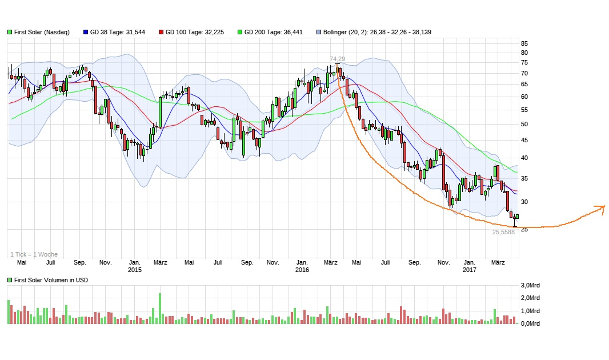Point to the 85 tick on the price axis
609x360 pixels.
pyautogui.click(x=524, y=43)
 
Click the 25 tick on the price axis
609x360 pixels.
pyautogui.click(x=524, y=229)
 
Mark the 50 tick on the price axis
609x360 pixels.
pyautogui.click(x=524, y=124)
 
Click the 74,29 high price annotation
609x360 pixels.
pyautogui.click(x=337, y=59)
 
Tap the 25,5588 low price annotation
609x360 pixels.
pyautogui.click(x=504, y=233)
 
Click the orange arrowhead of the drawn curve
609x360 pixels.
pyautogui.click(x=601, y=208)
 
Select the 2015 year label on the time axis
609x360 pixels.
pyautogui.click(x=134, y=270)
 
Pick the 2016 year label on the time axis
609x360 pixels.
pyautogui.click(x=302, y=270)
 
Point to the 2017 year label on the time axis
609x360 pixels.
pyautogui.click(x=469, y=270)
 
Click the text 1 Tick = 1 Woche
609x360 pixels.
pyautogui.click(x=34, y=254)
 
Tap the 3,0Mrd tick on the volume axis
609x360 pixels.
pyautogui.click(x=531, y=285)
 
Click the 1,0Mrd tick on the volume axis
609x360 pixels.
pyautogui.click(x=531, y=311)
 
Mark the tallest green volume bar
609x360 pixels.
pyautogui.click(x=159, y=309)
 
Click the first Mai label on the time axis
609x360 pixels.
pyautogui.click(x=22, y=263)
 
